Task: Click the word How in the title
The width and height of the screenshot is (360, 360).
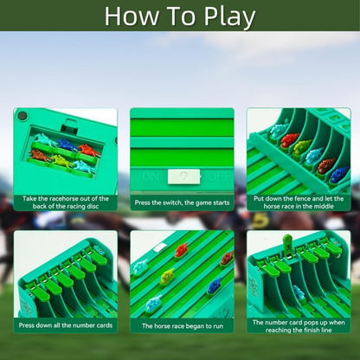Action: coord(131,16)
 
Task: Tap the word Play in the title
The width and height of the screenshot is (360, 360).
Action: coord(229,17)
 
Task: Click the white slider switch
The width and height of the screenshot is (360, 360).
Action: coord(183,177)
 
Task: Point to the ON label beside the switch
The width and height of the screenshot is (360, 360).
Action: coord(151,177)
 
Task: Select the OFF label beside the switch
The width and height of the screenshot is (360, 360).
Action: coord(219,177)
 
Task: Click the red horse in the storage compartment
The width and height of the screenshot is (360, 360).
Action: coord(88,150)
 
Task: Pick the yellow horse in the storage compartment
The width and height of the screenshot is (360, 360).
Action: coord(62,160)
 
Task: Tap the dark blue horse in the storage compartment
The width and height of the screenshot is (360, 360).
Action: coord(67,144)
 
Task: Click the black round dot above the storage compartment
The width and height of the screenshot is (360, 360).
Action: coord(22,116)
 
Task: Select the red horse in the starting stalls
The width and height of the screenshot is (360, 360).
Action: coord(290,139)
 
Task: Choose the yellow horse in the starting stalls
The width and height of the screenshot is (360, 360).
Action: coord(302,146)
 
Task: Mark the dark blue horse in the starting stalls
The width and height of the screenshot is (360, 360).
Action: coord(339,175)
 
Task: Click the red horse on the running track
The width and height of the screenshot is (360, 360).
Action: coord(182,250)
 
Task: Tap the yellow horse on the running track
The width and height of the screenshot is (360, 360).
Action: coord(167,276)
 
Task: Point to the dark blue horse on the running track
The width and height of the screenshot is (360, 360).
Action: coord(215,286)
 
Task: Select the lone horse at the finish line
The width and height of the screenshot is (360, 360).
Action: coord(299,292)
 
